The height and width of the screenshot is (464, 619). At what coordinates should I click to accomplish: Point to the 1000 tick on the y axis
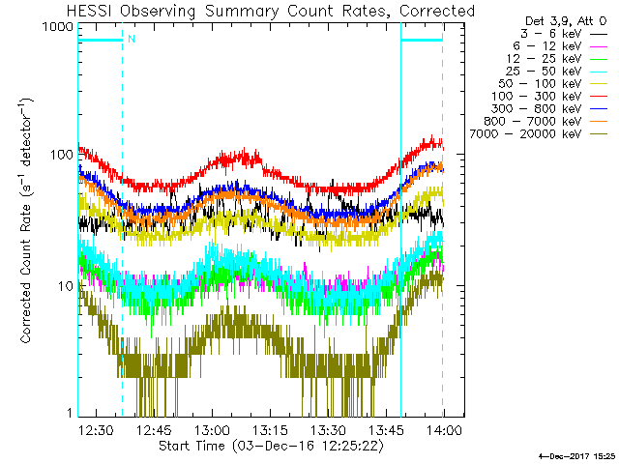57,28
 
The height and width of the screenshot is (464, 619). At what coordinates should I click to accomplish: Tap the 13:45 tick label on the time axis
386,430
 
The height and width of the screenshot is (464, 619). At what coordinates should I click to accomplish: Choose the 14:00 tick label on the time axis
444,430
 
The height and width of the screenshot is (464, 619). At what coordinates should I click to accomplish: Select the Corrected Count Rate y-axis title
26,221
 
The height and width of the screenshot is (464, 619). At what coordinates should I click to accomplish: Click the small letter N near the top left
131,39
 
